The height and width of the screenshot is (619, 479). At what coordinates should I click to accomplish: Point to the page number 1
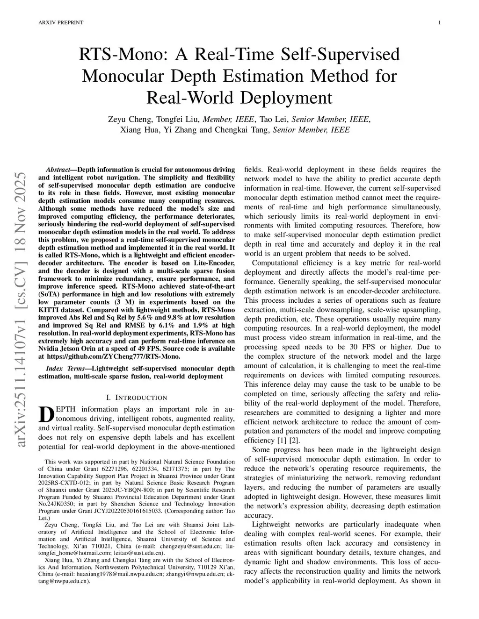[x=440, y=22]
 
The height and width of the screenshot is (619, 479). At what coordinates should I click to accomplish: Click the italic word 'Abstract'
[x=58, y=170]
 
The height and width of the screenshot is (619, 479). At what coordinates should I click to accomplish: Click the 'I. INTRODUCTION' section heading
[x=136, y=398]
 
